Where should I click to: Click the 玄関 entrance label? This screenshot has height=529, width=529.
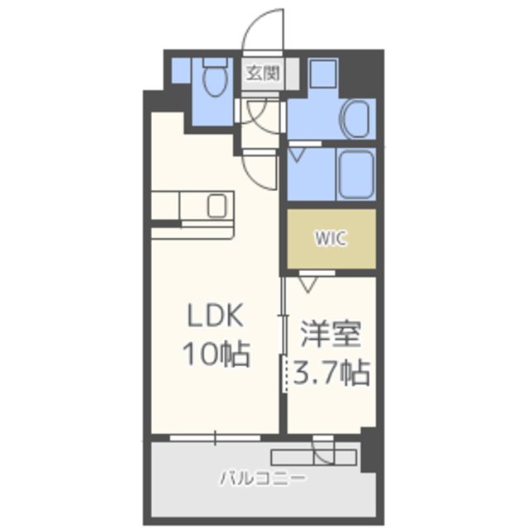pos(263,73)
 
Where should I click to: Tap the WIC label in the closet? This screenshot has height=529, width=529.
pos(331,238)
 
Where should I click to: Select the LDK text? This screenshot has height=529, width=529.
pos(215,315)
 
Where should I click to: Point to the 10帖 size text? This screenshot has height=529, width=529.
pos(217,354)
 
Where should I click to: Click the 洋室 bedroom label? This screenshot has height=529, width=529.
pos(331,333)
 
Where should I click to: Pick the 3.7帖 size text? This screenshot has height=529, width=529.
pos(331,373)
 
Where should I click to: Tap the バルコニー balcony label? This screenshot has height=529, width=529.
pos(263,479)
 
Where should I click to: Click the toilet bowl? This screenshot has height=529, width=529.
pos(216,80)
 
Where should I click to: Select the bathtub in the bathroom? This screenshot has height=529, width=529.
pos(356,174)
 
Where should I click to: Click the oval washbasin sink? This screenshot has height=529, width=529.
pos(355,119)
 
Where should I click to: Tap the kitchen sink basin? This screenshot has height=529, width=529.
pos(217,206)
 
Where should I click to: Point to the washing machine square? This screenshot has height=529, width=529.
pos(323,74)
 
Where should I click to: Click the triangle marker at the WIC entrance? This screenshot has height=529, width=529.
pos(307,284)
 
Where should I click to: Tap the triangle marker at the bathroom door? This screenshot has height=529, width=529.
pos(297,155)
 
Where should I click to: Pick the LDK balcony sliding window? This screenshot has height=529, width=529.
pos(215,438)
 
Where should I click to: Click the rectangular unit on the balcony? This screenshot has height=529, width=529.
pos(314,457)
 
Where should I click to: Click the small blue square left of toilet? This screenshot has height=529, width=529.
pos(182,70)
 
